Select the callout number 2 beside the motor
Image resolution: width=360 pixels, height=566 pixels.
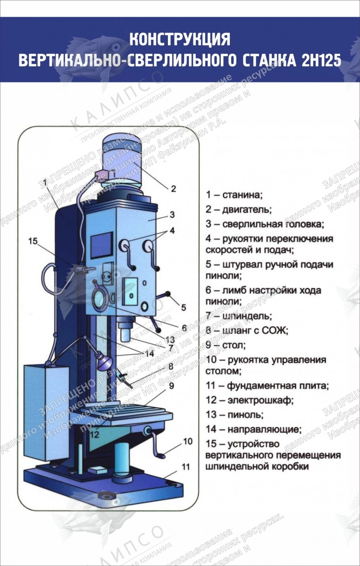173,189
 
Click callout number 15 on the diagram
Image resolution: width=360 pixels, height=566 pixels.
33,241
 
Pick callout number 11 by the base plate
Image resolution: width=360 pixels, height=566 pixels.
185,467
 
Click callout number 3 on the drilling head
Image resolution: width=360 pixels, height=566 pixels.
172,215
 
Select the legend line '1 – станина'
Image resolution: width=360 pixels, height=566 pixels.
234,194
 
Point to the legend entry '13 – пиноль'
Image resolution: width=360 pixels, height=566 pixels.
234,415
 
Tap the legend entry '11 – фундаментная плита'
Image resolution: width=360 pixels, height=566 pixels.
267,386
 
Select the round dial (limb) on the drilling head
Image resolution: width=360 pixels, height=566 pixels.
100,300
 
